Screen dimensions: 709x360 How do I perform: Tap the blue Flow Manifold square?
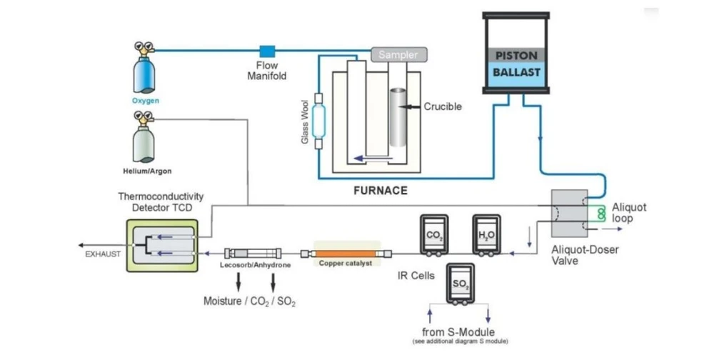point(267,51)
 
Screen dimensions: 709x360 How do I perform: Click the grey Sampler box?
point(399,54)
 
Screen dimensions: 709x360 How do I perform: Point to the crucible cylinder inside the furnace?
point(398,117)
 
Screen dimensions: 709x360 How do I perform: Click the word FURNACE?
point(381,191)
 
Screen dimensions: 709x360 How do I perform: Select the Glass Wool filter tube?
point(318,121)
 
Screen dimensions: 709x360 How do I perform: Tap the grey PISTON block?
point(516,56)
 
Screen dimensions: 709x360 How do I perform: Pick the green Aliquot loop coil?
point(601,214)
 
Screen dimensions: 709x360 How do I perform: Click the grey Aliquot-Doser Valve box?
point(569,213)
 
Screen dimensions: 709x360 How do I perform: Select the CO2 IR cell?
point(434,235)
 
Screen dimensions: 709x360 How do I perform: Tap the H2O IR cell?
point(486,235)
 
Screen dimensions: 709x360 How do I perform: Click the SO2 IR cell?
point(461,284)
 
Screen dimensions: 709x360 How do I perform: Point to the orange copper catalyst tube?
point(346,254)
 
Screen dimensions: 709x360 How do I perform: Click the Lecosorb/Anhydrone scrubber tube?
point(253,254)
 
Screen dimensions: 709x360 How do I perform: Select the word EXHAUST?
point(103,254)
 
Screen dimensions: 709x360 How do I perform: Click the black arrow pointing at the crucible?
point(411,106)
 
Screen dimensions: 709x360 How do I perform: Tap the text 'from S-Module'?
point(458,332)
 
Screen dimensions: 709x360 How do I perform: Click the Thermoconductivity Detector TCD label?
point(161,202)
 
